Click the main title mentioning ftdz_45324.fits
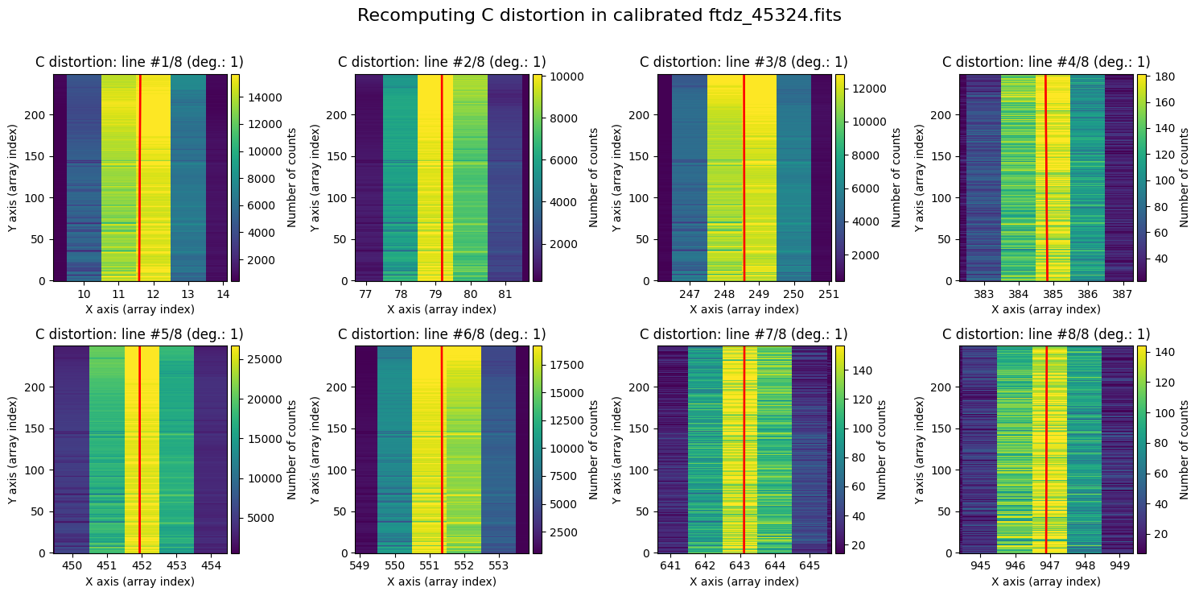click(x=599, y=16)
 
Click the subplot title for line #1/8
click(x=139, y=62)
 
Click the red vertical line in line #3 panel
click(x=744, y=177)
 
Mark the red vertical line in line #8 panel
click(x=1046, y=449)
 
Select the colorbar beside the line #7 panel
click(x=840, y=449)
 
